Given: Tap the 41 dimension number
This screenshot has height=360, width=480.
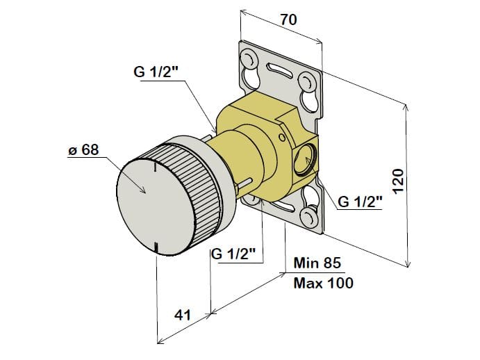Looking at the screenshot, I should click(x=182, y=315).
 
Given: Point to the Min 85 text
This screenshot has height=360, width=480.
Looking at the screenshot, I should click(x=318, y=263).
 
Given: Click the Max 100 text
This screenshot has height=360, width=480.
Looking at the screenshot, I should click(x=323, y=283).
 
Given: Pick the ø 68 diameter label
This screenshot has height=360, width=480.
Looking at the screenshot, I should click(x=83, y=149).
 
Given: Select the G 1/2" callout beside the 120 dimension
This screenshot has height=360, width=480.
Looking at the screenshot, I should click(x=361, y=202).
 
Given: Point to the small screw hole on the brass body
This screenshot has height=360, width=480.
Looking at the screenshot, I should click(x=281, y=138).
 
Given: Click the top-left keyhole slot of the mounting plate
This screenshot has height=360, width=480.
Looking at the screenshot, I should click(x=249, y=58).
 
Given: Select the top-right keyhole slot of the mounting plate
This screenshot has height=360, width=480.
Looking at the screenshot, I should click(x=306, y=83).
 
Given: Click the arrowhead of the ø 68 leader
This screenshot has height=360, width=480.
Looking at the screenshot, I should click(x=143, y=191).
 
